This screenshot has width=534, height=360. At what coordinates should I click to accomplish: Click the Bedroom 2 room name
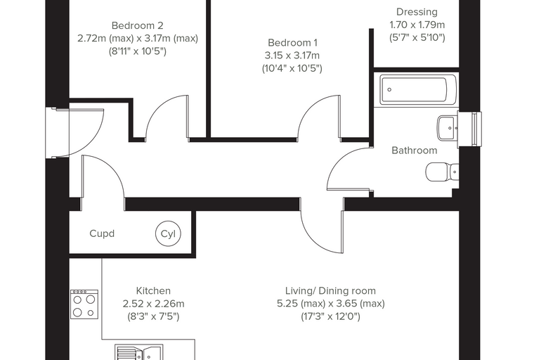click(137, 25)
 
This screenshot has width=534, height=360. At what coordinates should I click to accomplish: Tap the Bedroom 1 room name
click(292, 43)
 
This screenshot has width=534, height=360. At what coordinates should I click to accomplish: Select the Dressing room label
click(417, 12)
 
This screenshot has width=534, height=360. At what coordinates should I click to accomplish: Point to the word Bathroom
click(414, 150)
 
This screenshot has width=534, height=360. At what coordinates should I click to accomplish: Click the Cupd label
click(102, 234)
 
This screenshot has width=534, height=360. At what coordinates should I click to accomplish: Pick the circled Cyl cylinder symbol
click(168, 234)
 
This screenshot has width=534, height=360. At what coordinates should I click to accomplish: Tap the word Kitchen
click(153, 291)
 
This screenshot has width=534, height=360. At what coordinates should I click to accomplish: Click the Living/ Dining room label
click(330, 291)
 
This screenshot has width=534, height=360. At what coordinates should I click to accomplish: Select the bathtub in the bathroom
click(418, 90)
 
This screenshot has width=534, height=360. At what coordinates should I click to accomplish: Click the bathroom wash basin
click(447, 128)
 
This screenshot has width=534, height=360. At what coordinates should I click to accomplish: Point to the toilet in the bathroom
click(443, 172)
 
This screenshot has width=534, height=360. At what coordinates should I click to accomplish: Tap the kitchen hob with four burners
click(84, 304)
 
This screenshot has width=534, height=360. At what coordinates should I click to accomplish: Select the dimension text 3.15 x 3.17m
click(292, 56)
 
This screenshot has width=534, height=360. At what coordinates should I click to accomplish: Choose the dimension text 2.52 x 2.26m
click(153, 304)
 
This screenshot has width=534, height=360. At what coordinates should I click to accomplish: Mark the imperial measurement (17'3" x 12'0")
click(330, 316)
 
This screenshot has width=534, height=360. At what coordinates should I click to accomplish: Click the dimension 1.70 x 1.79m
click(417, 25)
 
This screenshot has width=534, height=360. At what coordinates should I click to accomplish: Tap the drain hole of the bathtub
click(389, 90)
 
